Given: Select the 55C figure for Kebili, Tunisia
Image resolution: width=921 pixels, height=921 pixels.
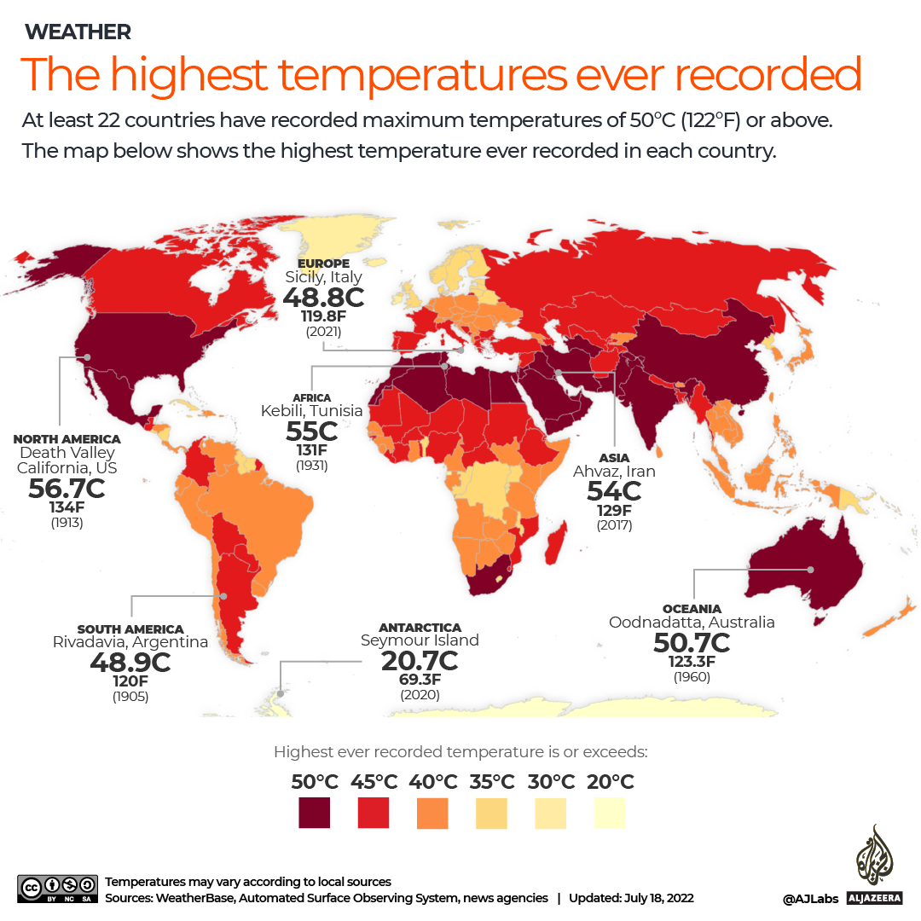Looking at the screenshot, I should click(x=311, y=431).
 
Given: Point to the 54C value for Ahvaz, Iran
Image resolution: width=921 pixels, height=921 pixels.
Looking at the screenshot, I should click(x=614, y=491).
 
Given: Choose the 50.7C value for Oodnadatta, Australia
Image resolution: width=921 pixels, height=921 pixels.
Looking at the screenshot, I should click(x=691, y=641).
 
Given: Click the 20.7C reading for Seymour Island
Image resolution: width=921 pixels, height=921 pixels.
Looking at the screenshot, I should click(x=420, y=659).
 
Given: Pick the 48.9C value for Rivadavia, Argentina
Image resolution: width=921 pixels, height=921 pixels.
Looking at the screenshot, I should click(x=130, y=662).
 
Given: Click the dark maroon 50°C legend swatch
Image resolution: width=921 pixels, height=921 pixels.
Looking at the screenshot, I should click(x=315, y=813).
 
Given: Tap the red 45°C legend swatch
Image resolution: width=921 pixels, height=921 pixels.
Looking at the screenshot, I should click(x=374, y=813).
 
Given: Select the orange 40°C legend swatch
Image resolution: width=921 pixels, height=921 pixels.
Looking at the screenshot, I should click(x=432, y=813).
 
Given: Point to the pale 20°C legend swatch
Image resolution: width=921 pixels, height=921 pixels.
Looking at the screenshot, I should click(x=610, y=813).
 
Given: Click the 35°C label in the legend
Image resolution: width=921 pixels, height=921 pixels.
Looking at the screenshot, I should click(x=492, y=782).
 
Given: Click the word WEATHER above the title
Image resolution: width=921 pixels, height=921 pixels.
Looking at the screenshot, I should click(x=78, y=32).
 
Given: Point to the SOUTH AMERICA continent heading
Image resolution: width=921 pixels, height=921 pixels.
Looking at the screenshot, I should click(x=130, y=629).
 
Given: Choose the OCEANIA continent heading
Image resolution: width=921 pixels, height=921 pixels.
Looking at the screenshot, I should click(x=692, y=609).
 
